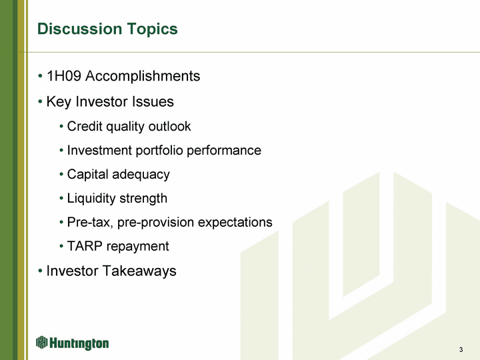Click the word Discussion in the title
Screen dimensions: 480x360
79,29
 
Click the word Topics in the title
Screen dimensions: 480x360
152,30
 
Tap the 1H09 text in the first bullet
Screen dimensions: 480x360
64,76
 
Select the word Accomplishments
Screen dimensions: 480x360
143,77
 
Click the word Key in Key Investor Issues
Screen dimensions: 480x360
59,102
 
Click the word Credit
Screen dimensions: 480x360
85,127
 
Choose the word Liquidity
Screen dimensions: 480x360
91,199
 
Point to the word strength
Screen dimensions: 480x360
143,199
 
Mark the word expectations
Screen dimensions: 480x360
235,223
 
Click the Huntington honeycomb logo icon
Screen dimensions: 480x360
41,342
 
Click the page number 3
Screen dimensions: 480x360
461,349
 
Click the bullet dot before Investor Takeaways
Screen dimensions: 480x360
40,271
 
